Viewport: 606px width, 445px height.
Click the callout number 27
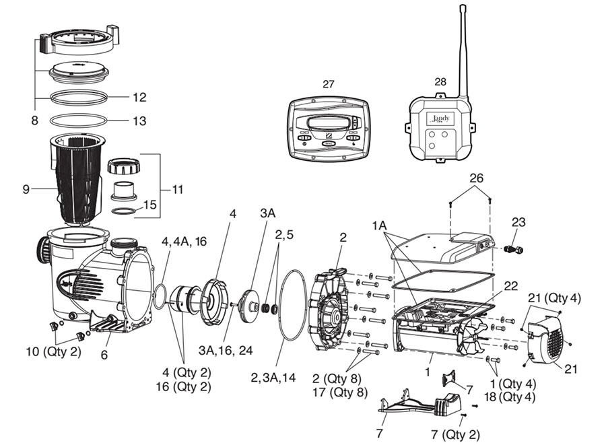[x=329, y=84]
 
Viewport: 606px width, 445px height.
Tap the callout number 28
[x=440, y=81]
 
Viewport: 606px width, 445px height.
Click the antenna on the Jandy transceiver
[x=463, y=47]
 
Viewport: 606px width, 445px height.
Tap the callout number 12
[x=139, y=98]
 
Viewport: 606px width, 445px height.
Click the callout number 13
[x=139, y=121]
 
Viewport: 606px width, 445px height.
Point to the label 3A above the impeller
[x=268, y=213]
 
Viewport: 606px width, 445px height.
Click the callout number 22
[x=510, y=286]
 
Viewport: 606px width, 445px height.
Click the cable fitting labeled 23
[x=514, y=250]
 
